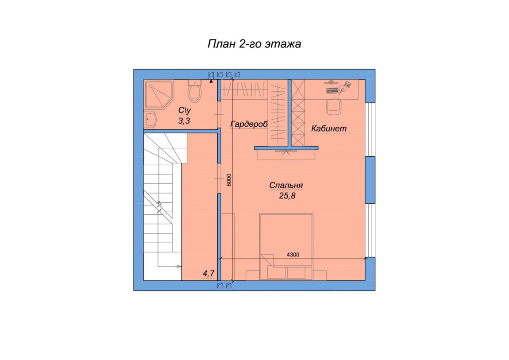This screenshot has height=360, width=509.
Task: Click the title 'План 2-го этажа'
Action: tap(254, 44)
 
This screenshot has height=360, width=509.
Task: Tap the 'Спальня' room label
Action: tap(286, 186)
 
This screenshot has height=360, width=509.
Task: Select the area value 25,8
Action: tap(287, 196)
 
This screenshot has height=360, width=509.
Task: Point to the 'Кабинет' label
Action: tap(329, 128)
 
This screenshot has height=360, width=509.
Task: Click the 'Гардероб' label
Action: tap(249, 124)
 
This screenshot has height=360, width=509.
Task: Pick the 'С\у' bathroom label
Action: tap(185, 110)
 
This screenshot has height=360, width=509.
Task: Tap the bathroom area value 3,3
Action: tap(184, 121)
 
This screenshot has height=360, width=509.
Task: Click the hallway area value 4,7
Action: tap(209, 274)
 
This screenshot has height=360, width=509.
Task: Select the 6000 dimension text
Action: tap(229, 180)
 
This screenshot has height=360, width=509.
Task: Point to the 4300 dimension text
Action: tap(293, 255)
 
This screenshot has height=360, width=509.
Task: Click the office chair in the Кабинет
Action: tap(334, 106)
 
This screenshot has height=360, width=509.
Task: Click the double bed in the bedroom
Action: tap(286, 246)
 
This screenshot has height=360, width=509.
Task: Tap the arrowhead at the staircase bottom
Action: tap(179, 267)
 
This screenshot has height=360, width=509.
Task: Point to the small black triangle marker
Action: tap(211, 81)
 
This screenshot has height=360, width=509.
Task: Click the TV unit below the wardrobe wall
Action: tap(286, 155)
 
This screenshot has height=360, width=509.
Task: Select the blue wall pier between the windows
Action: tap(370, 180)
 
